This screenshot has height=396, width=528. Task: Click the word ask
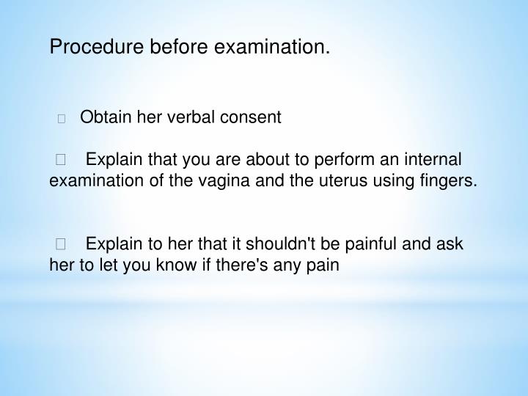click(450, 243)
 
